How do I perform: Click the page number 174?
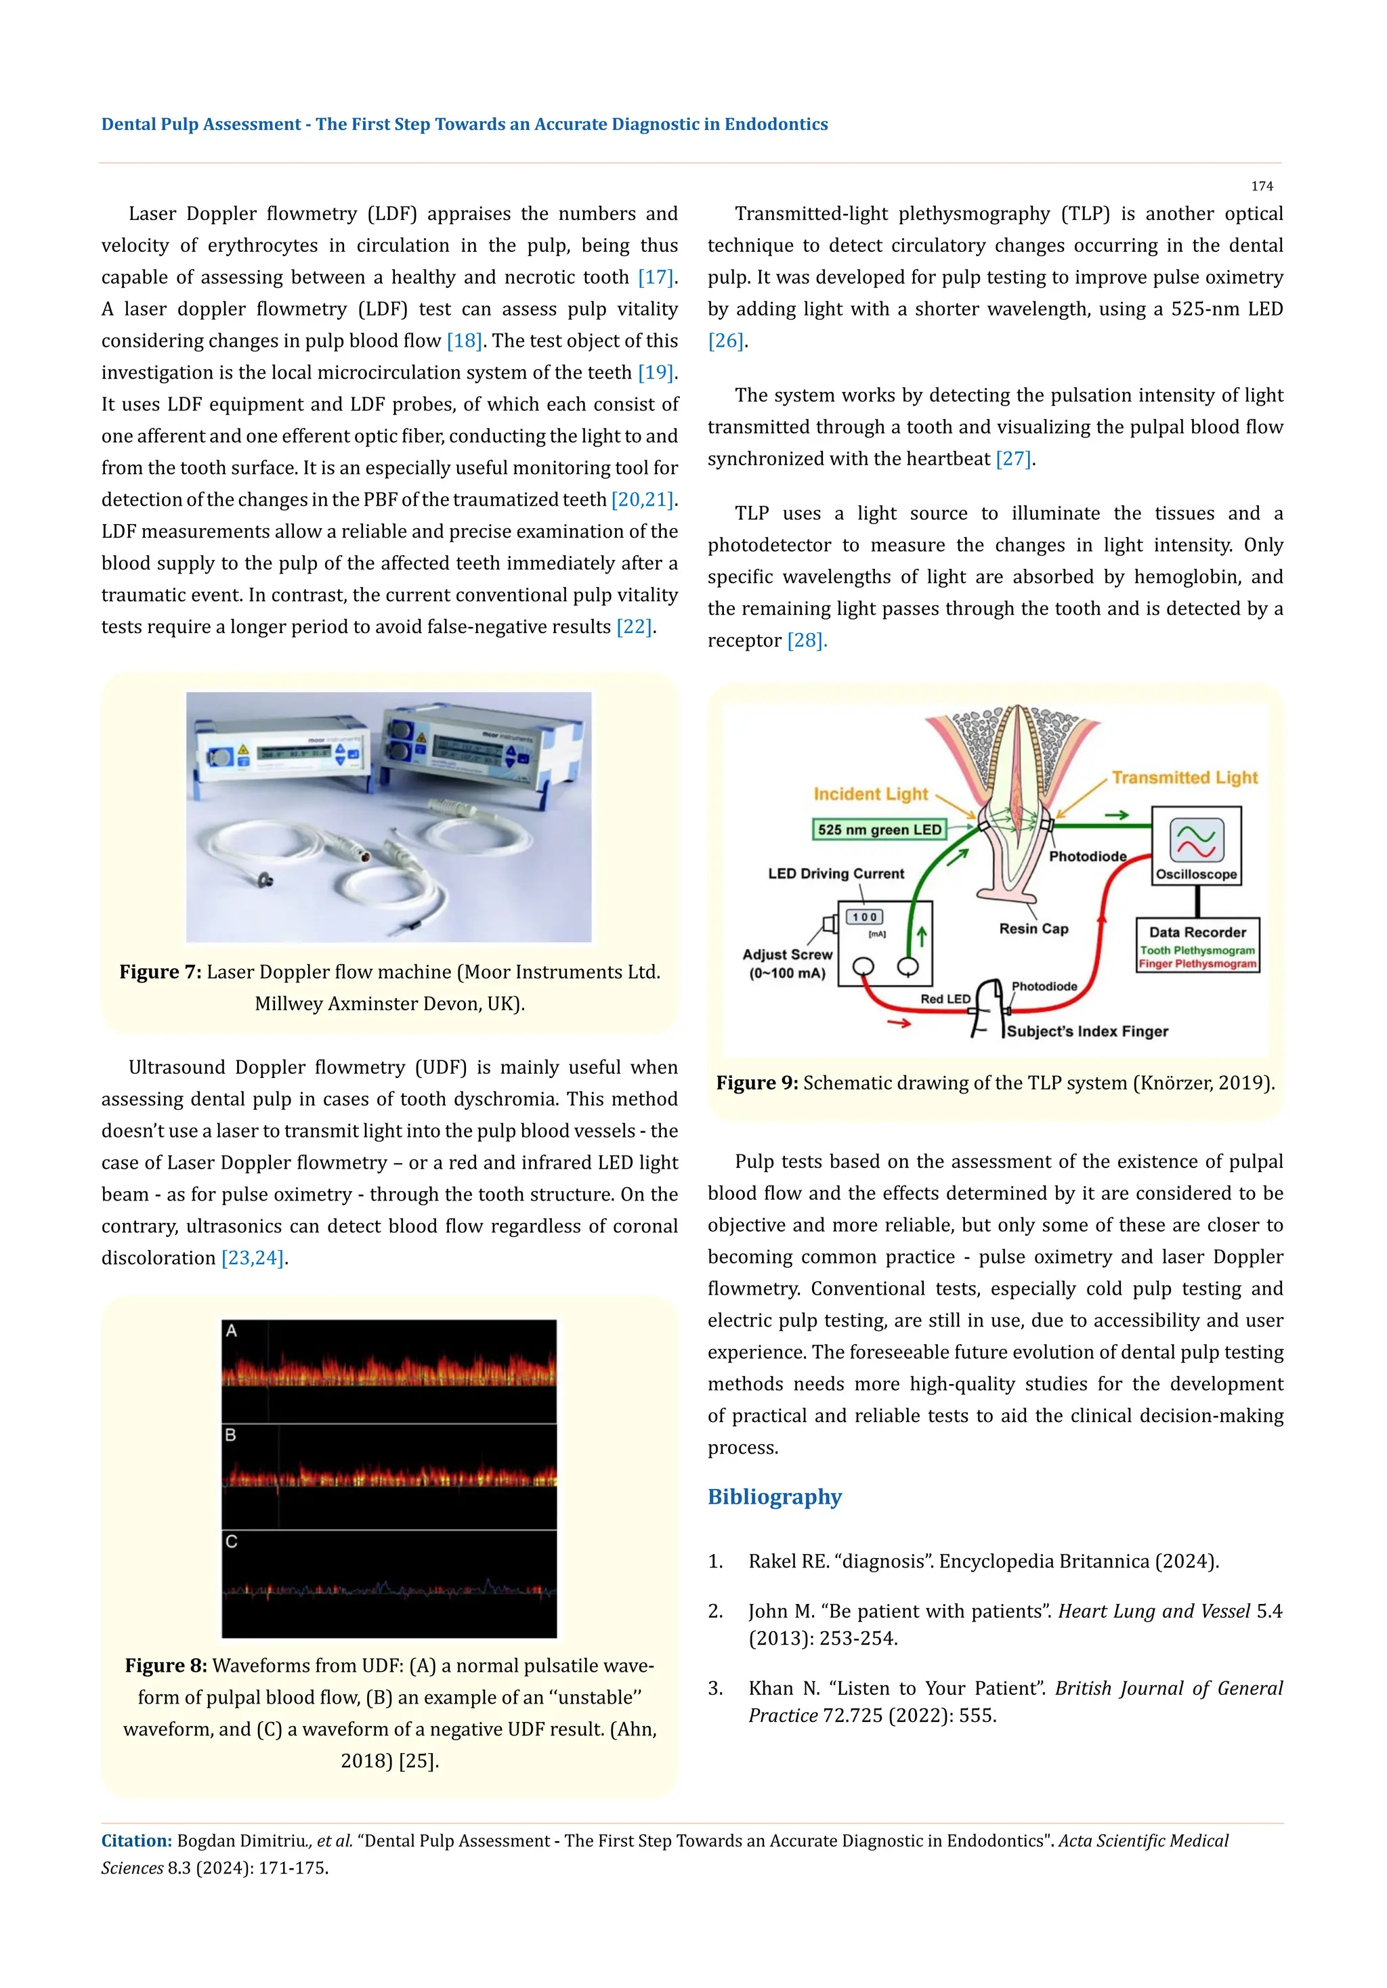point(1262,186)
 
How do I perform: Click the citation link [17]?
point(656,277)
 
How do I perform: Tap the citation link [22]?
point(634,626)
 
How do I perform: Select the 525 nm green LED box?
point(879,829)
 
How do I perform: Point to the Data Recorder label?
point(1197,932)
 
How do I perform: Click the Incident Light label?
point(870,794)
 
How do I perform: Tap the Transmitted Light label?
point(1185,777)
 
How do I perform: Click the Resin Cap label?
point(1033,928)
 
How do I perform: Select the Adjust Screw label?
point(787,954)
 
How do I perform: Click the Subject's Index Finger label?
point(1088,1031)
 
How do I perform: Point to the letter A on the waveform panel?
point(231,1331)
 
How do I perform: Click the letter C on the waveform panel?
point(231,1541)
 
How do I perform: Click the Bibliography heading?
point(774,1497)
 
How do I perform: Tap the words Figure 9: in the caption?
point(756,1083)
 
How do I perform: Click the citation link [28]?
point(805,641)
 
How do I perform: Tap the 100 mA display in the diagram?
point(865,917)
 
